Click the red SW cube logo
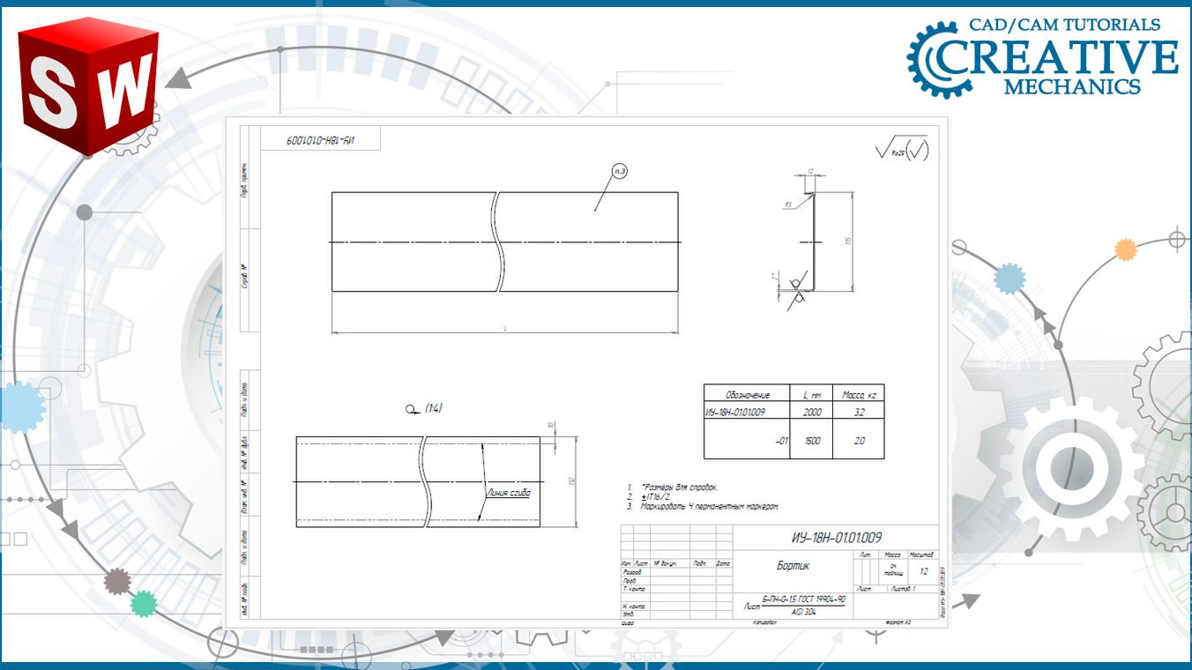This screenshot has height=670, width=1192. click(x=88, y=86)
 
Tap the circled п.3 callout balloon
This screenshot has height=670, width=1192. click(x=620, y=171)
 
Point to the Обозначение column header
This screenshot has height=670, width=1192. click(x=747, y=395)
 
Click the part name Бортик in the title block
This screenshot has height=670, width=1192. click(x=793, y=566)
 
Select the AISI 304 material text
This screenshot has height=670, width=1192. click(x=802, y=611)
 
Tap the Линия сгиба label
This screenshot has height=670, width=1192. click(x=509, y=494)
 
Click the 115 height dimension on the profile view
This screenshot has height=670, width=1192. click(x=847, y=242)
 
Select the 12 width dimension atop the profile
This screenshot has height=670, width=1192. click(x=810, y=173)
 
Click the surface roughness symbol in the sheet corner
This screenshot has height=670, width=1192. click(x=901, y=150)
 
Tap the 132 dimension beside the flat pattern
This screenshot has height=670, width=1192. click(x=571, y=481)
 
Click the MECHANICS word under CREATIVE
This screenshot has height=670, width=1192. click(x=1071, y=87)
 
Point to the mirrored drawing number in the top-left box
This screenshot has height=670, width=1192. click(x=320, y=139)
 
